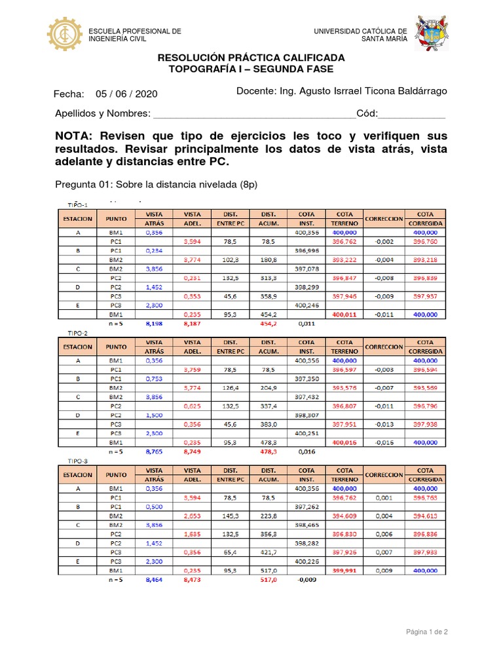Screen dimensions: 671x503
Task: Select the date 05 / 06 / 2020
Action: pos(126,94)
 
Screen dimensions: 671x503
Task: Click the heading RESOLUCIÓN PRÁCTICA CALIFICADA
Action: pos(251,58)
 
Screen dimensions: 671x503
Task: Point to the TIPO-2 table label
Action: pos(78,333)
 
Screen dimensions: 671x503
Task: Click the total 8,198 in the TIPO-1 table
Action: pos(153,324)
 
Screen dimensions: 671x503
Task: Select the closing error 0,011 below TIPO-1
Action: pos(307,324)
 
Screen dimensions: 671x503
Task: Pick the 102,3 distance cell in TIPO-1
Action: pos(230,259)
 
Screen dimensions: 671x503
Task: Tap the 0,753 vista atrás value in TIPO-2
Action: pos(153,378)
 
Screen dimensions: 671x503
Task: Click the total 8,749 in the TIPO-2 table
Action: pos(192,452)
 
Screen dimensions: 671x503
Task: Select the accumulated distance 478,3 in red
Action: pos(269,452)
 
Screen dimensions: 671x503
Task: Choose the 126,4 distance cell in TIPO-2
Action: pos(230,388)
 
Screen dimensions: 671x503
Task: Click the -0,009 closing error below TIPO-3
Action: pos(307,580)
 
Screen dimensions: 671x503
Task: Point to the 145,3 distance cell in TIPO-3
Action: pos(230,516)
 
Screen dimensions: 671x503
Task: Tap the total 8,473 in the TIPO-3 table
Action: pos(192,580)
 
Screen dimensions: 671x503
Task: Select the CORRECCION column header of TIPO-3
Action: pos(384,475)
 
